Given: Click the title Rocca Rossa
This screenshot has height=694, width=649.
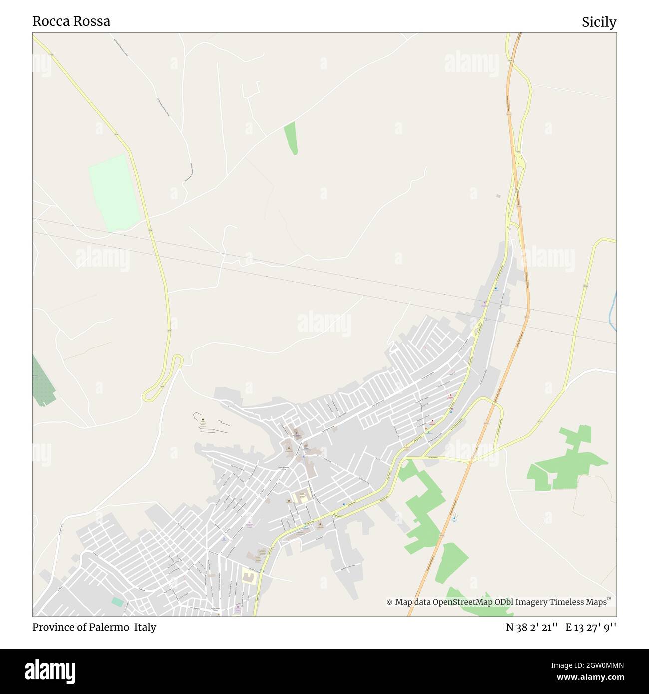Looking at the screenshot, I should [71, 21].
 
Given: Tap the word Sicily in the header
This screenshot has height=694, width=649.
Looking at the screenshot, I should [599, 22].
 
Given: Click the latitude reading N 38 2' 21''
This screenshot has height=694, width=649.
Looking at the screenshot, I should [532, 627].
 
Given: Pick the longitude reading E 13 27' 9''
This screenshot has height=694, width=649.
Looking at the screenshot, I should [591, 627].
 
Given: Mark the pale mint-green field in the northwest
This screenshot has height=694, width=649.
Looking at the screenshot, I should [115, 192].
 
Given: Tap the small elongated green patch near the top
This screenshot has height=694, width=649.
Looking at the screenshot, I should [291, 137].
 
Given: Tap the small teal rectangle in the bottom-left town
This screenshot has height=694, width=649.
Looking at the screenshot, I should [117, 602].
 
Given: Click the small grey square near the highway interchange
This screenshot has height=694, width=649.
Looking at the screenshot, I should [498, 196].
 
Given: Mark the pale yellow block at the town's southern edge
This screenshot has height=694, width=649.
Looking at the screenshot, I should [248, 576].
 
